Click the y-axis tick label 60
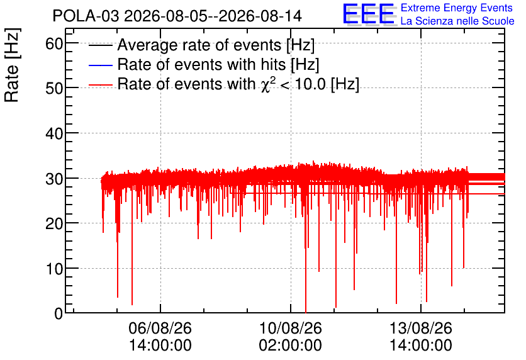[x=54, y=43]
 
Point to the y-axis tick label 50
[x=54, y=88]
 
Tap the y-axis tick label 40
[x=54, y=133]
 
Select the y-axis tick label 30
[x=54, y=179]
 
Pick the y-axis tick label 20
[x=54, y=223]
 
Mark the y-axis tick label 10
[x=54, y=269]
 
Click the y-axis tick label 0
[x=59, y=313]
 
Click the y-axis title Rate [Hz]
[x=12, y=65]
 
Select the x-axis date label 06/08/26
[x=160, y=328]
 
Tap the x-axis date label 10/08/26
[x=291, y=328]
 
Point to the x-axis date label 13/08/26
[x=421, y=328]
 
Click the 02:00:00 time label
[x=291, y=345]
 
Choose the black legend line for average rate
[x=100, y=45]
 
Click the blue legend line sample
[x=100, y=65]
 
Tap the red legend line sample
[x=100, y=84]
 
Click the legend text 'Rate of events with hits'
[x=201, y=64]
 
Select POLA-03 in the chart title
[x=86, y=16]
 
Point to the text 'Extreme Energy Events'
[x=457, y=8]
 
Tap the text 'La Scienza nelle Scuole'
[x=457, y=21]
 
